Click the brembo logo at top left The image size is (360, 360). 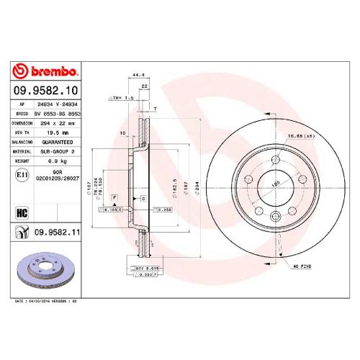(47, 71)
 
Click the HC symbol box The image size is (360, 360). (20, 212)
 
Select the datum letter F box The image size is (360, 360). (114, 197)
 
